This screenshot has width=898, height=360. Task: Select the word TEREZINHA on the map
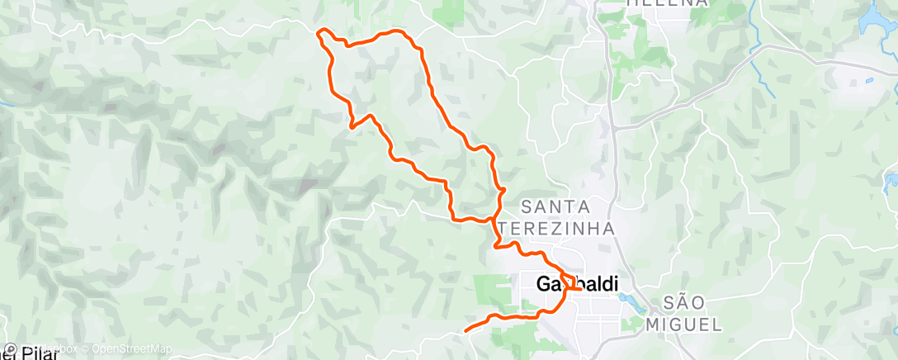tap(569, 228)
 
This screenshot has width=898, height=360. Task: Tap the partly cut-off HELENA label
tap(667, 3)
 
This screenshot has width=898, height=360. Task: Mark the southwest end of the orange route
tap(466, 330)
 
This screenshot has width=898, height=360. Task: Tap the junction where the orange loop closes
tap(494, 220)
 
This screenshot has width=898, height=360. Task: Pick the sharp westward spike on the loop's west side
tap(352, 127)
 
